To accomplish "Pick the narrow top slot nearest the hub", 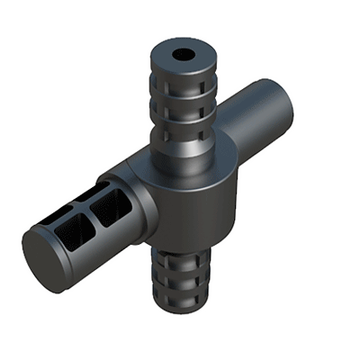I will pos(99,190).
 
